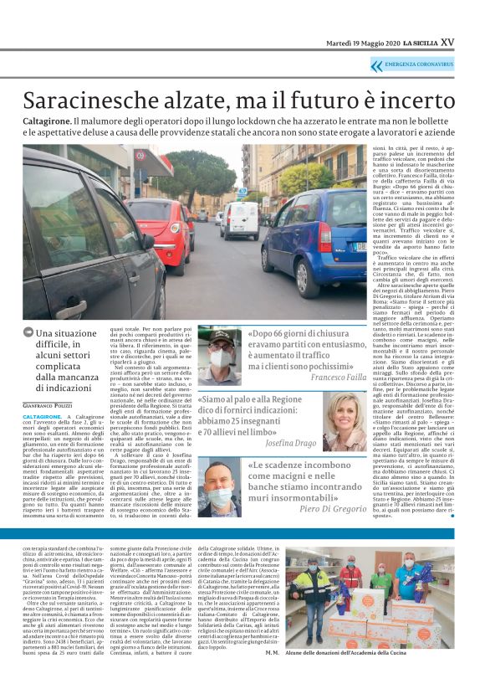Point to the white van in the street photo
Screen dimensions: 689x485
point(239,219)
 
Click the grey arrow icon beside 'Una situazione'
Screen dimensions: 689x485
point(28,333)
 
